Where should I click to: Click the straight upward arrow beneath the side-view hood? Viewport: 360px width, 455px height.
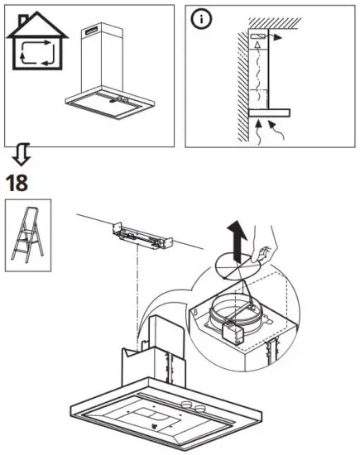coord(262,127)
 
